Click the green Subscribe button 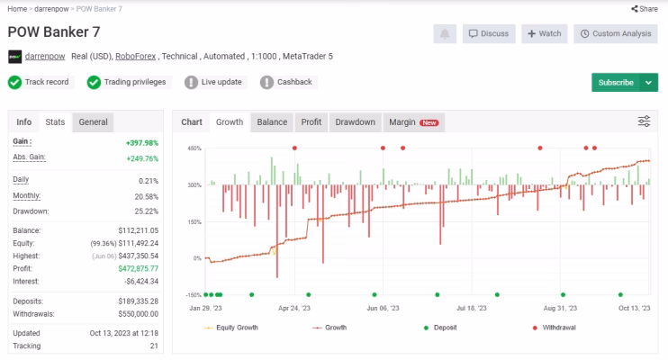tap(616, 83)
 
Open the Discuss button tap(489, 33)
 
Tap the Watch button tap(545, 33)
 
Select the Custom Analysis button tap(616, 33)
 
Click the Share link tap(645, 9)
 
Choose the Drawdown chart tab tap(355, 122)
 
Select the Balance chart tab tap(272, 122)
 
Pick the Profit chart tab tap(311, 122)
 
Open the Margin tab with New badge tap(413, 122)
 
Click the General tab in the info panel tap(93, 122)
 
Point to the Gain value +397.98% tap(142, 143)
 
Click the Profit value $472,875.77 tap(138, 269)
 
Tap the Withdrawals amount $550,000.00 tap(138, 314)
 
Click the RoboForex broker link tap(135, 56)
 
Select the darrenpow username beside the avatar tap(45, 56)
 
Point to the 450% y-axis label tap(194, 148)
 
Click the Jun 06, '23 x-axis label tap(383, 308)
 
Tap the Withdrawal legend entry tap(555, 328)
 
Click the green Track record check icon tap(15, 82)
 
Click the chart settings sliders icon tap(644, 121)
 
